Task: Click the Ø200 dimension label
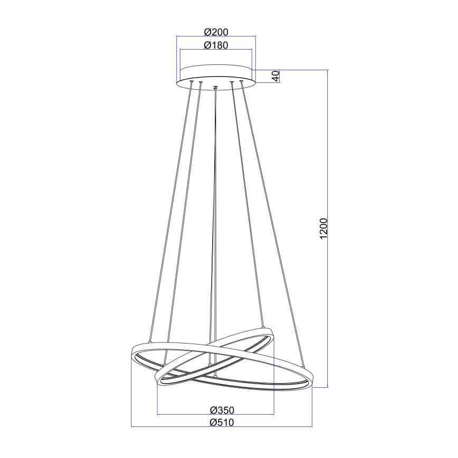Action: [215, 32]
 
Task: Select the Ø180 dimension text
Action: [215, 45]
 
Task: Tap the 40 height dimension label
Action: [275, 76]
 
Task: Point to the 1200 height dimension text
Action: [324, 228]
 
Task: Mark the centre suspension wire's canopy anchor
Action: [215, 87]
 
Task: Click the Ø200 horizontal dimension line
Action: [215, 36]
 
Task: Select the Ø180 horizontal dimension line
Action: [215, 50]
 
